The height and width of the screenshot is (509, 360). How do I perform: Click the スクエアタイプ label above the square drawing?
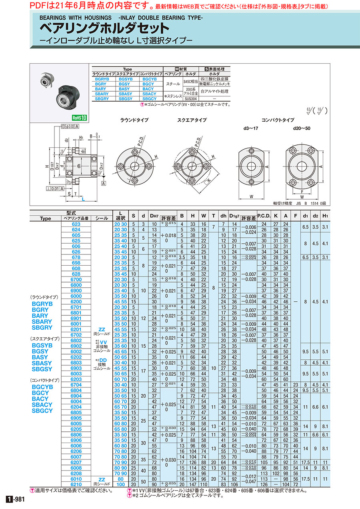coord(192,120)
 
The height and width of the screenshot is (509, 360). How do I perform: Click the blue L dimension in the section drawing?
coord(83,199)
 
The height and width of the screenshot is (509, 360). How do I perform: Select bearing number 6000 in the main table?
coord(76,296)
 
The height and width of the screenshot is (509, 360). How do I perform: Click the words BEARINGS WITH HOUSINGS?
coord(76,18)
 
